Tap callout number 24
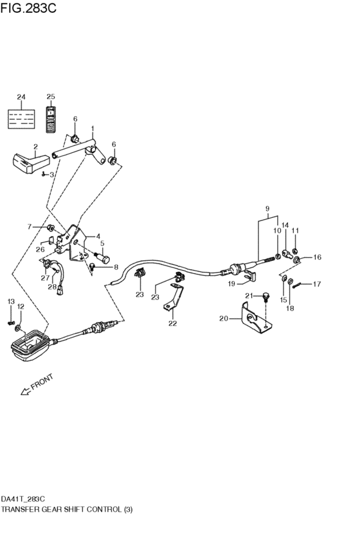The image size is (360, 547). (21, 97)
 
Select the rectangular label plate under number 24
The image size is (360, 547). (21, 118)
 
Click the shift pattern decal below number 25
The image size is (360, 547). (51, 118)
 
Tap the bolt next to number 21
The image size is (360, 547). (264, 297)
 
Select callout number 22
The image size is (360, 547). (172, 323)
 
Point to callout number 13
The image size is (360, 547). (10, 301)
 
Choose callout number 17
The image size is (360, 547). (316, 284)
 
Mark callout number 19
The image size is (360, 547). (231, 283)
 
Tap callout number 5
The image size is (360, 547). (101, 244)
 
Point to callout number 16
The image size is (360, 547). (317, 257)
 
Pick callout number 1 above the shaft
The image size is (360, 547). (93, 128)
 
